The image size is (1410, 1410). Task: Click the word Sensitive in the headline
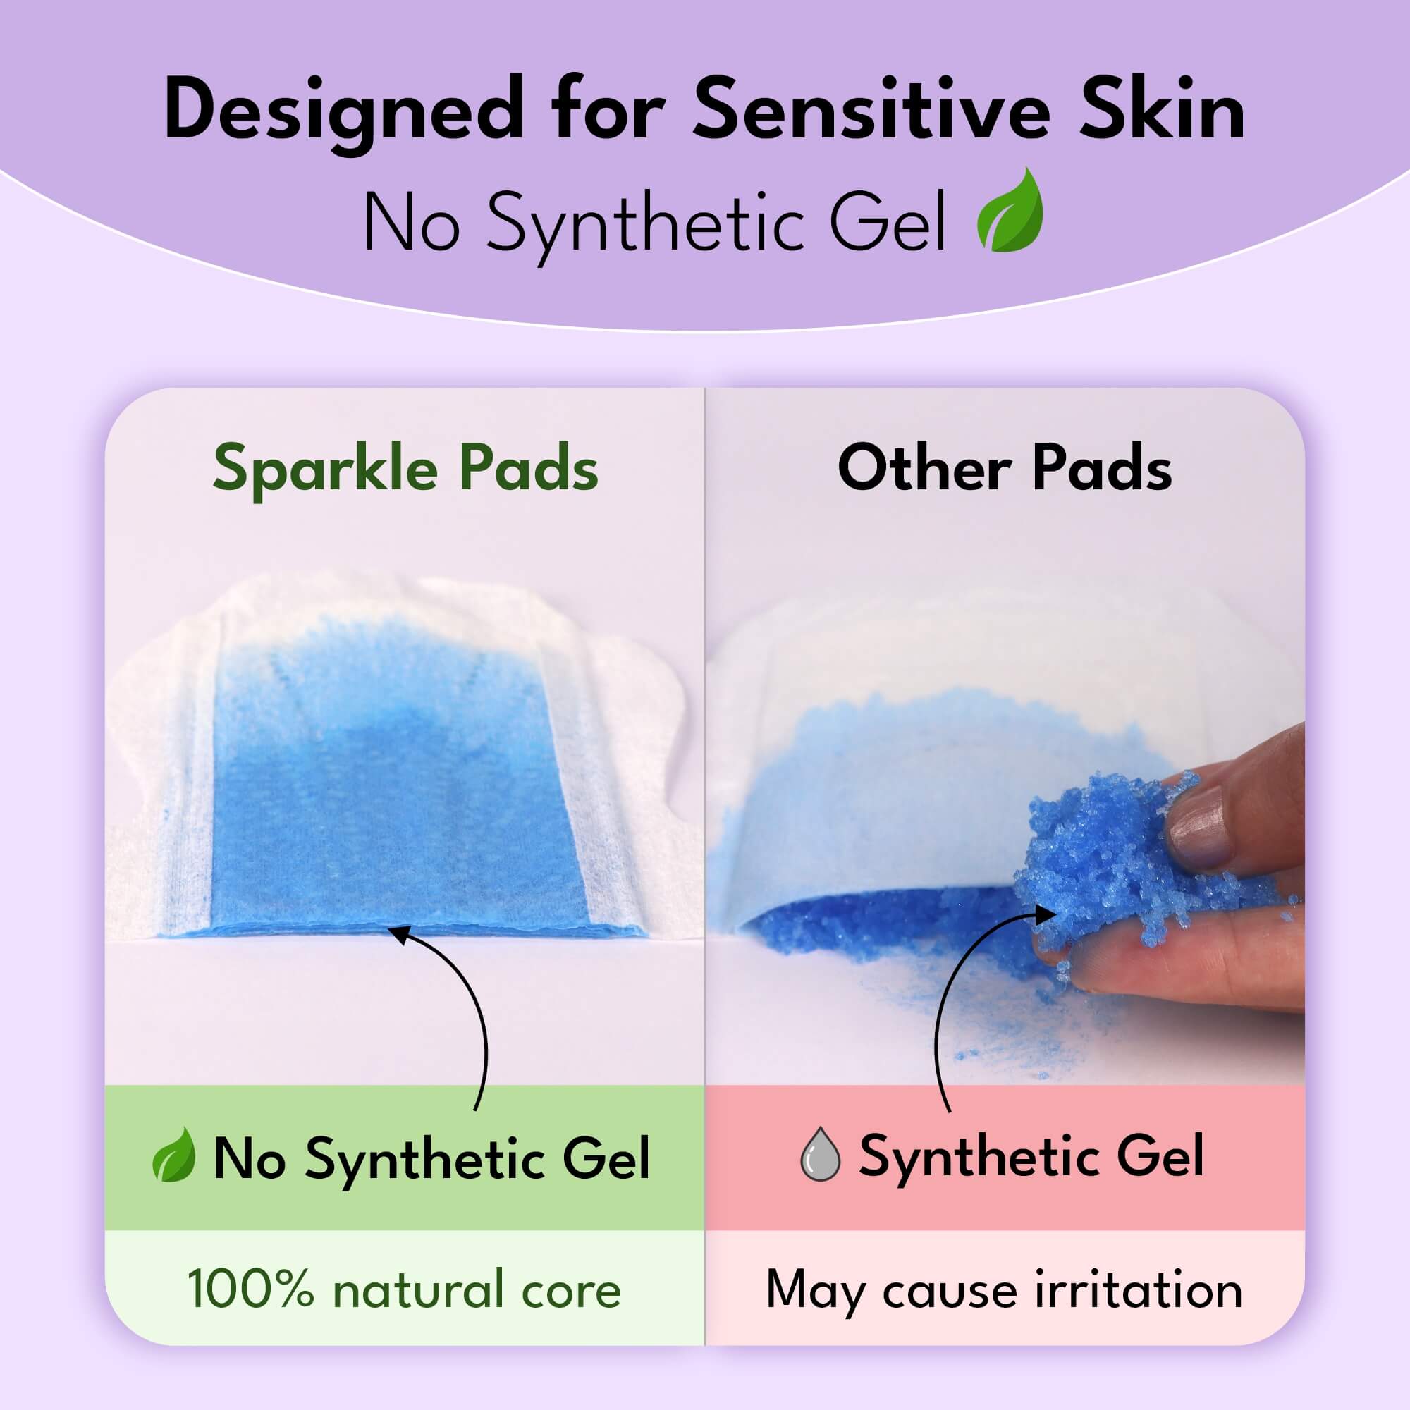[x=871, y=109]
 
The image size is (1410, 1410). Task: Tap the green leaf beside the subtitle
[x=1011, y=211]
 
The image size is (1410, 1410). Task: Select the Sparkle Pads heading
[x=405, y=470]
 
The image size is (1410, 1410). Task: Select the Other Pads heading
[x=1004, y=468]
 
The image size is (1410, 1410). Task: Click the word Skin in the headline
[x=1162, y=109]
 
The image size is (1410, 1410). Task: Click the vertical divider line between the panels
[x=705, y=803]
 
